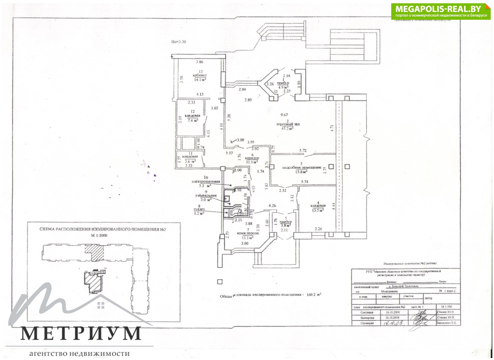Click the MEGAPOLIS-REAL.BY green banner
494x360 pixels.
(441, 12)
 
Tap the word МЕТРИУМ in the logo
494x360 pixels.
(81, 334)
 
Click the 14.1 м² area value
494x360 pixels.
(200, 79)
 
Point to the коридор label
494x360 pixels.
(253, 158)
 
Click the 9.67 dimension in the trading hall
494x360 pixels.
(284, 115)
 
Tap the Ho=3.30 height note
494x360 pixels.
(179, 42)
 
